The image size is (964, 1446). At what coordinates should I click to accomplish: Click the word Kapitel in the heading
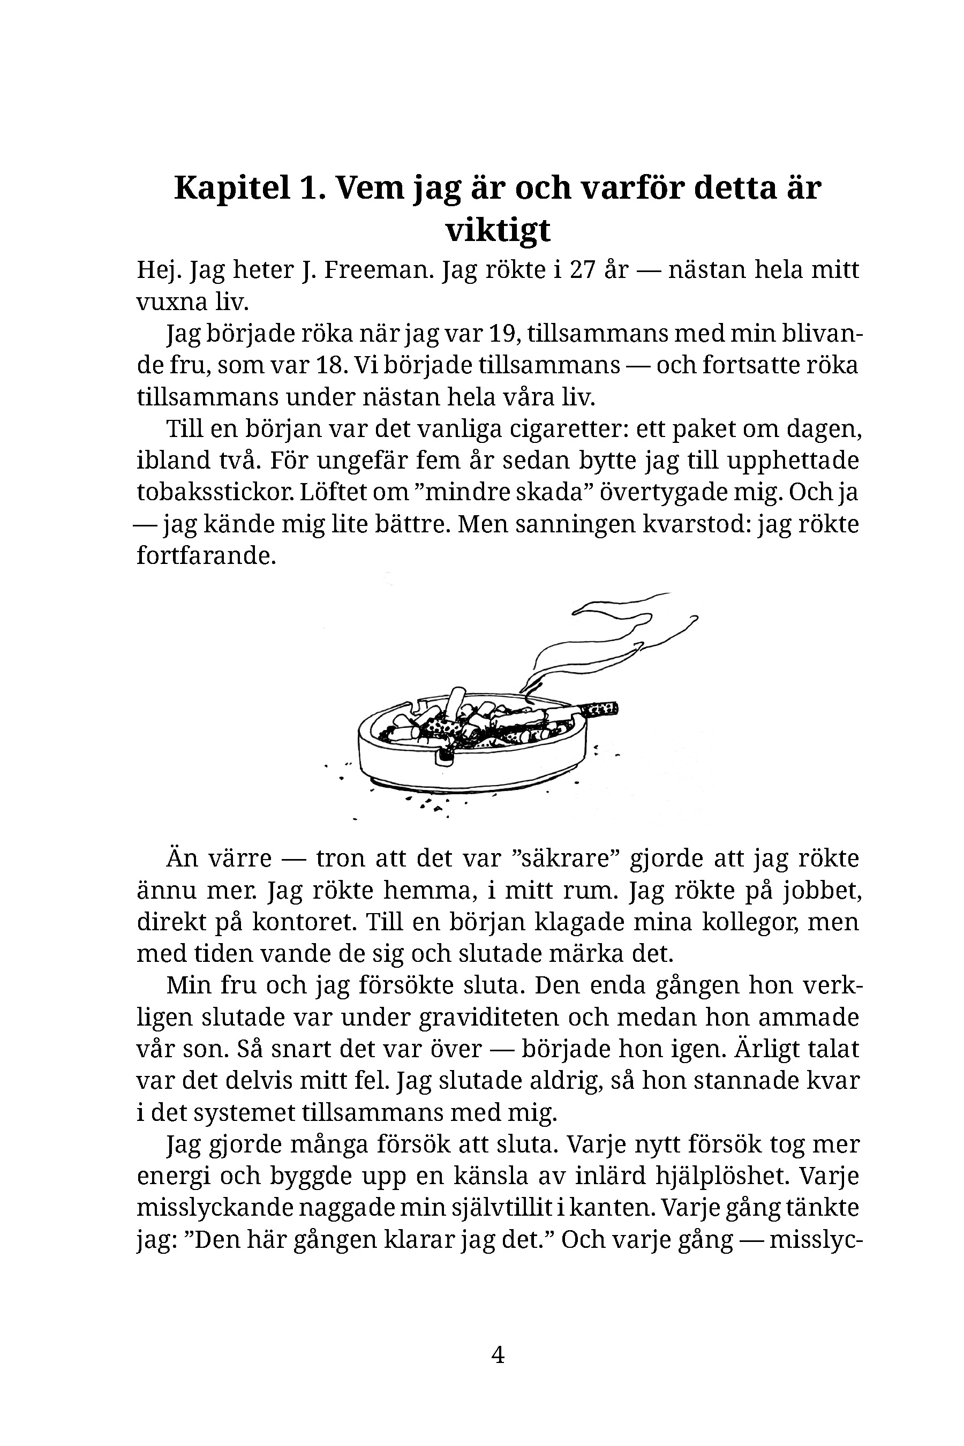(x=232, y=188)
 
